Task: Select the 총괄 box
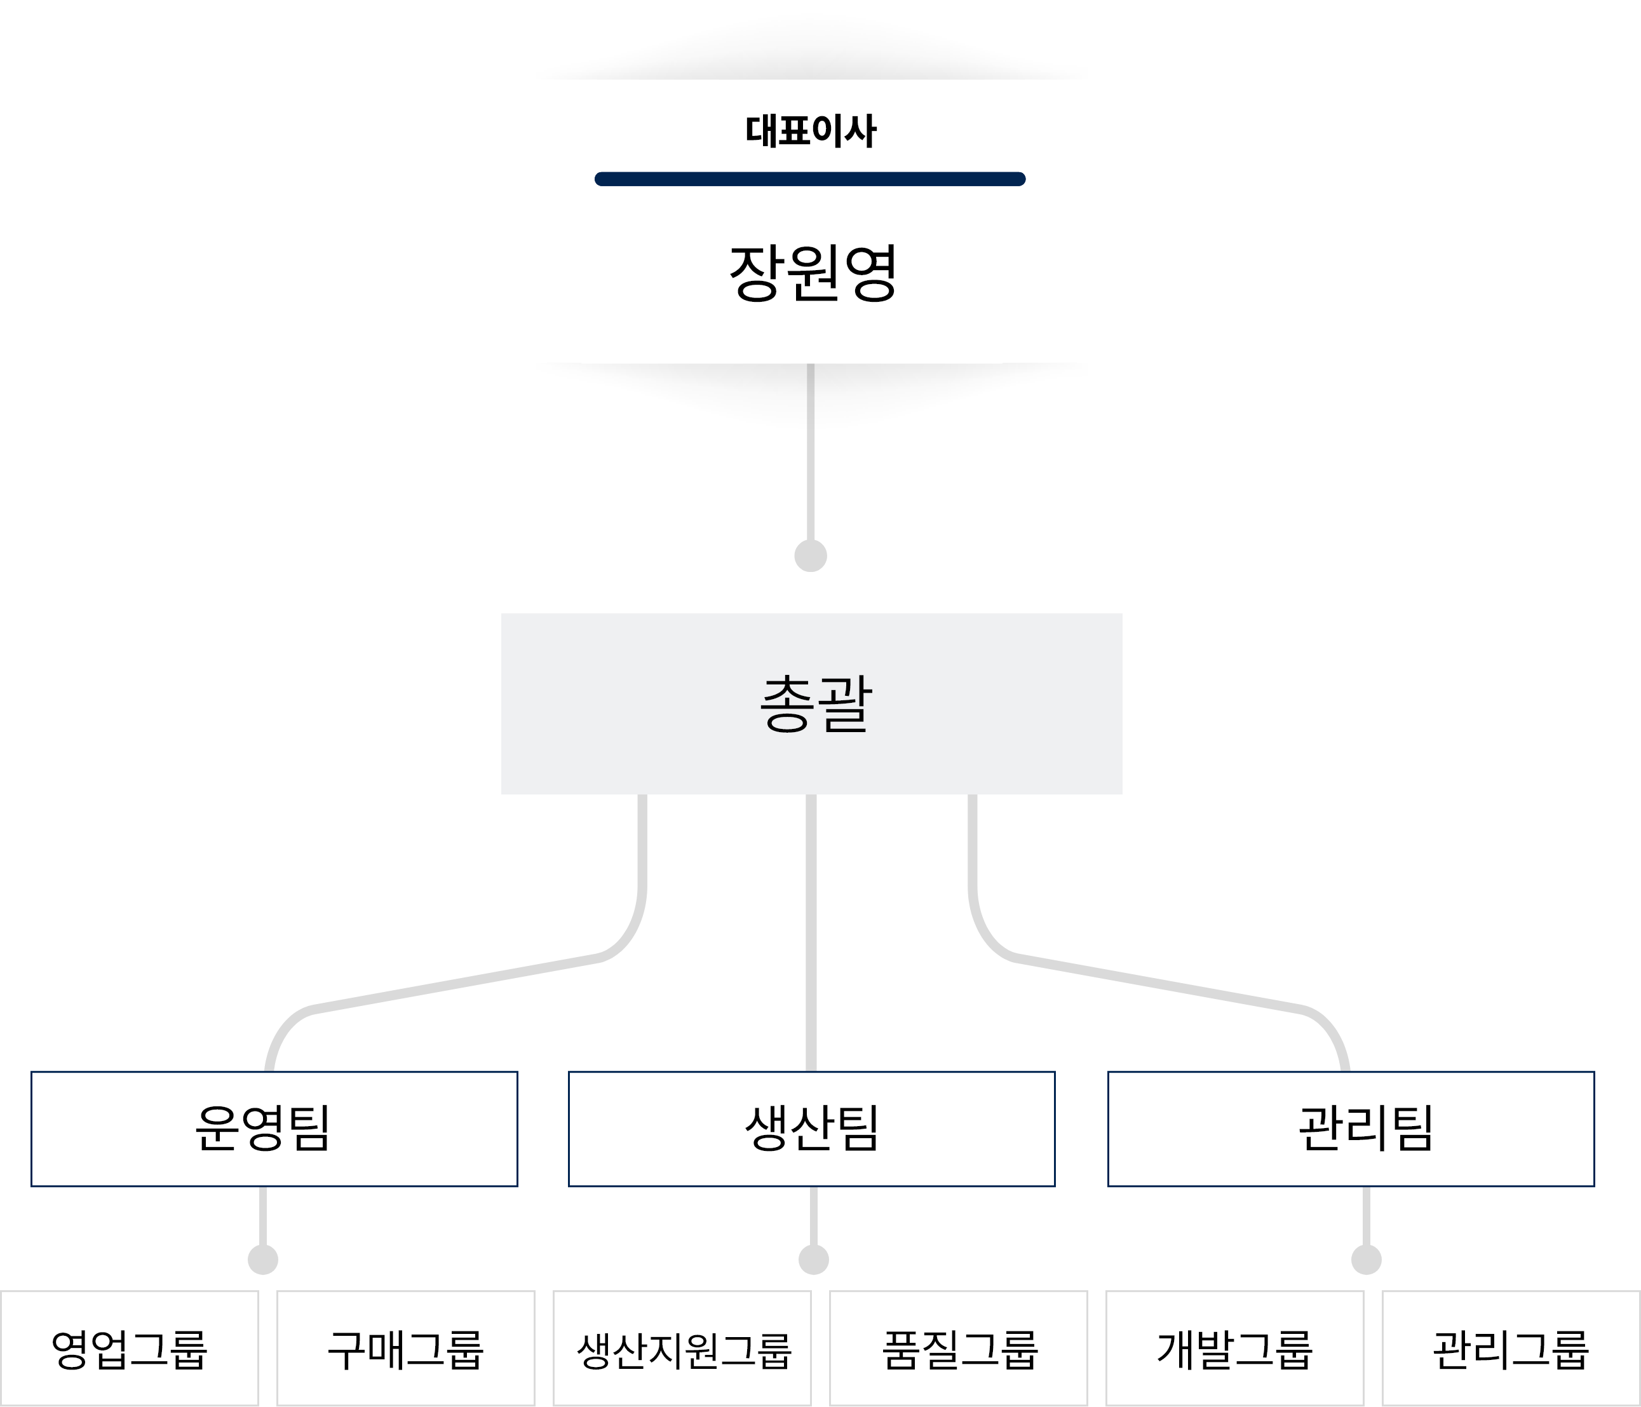point(812,703)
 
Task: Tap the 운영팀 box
point(274,1129)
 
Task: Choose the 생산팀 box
point(812,1129)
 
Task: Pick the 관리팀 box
point(1350,1129)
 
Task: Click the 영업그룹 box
point(129,1349)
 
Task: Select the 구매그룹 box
point(405,1349)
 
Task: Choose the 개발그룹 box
point(1234,1349)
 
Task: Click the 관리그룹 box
point(1511,1349)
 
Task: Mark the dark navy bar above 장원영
point(810,179)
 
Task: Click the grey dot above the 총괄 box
point(810,555)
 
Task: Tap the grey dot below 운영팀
point(263,1259)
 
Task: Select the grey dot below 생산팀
point(813,1259)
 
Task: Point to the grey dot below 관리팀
point(1366,1259)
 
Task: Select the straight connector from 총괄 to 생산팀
point(811,935)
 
